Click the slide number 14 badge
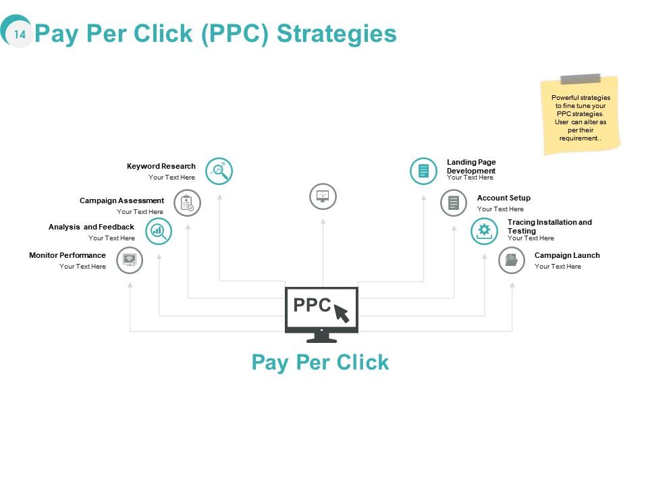point(20,34)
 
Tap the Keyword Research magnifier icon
point(219,171)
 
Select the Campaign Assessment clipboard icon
point(188,202)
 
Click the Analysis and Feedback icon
point(159,231)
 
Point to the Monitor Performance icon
point(130,260)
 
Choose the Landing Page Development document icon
point(423,171)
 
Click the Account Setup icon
point(454,202)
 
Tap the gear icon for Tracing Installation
point(484,231)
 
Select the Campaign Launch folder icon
point(512,260)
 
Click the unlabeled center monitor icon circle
point(323,196)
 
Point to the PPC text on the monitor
point(312,305)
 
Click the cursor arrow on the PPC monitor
point(342,313)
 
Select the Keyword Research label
point(161,166)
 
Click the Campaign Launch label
point(567,255)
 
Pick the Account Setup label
point(504,198)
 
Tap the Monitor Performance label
point(67,255)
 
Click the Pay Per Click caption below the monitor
point(320,362)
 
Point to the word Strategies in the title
point(337,33)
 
